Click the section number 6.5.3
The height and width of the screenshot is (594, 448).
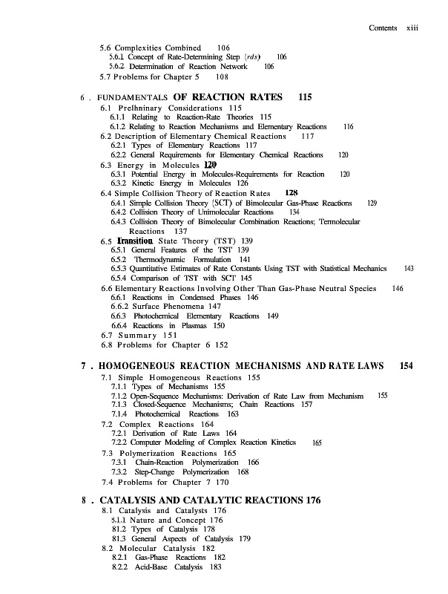tap(119, 269)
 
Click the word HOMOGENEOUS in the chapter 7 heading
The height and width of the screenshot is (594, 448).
tap(151, 366)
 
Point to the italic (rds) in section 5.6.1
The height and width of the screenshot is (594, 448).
tap(254, 56)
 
